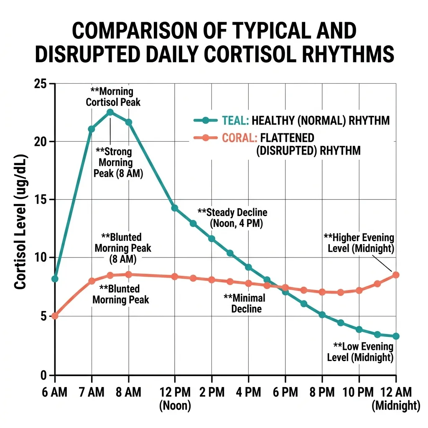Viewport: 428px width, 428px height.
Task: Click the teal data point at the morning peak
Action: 110,112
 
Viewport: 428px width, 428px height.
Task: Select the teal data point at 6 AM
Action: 55,279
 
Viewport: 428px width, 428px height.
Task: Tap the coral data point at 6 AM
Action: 55,316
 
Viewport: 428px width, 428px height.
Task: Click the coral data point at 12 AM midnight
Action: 396,275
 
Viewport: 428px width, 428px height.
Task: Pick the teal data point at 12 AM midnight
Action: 396,336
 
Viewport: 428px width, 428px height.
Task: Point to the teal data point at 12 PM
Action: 175,208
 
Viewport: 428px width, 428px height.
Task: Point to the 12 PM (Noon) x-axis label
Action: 175,398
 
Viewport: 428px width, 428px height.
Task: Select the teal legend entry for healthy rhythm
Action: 291,121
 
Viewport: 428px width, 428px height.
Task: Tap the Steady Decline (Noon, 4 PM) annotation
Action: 232,218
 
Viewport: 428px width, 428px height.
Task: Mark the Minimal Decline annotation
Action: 244,303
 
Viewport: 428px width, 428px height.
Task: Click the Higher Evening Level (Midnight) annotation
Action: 359,243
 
